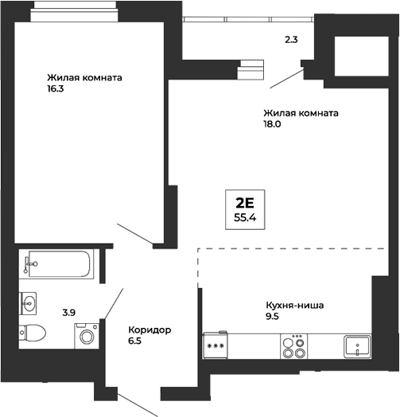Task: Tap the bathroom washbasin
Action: coord(31,303)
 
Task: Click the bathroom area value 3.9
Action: coord(68,312)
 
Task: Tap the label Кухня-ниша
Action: coord(295,305)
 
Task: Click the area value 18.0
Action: coord(274,125)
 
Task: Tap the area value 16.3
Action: coord(56,90)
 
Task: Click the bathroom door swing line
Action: coord(114,302)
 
